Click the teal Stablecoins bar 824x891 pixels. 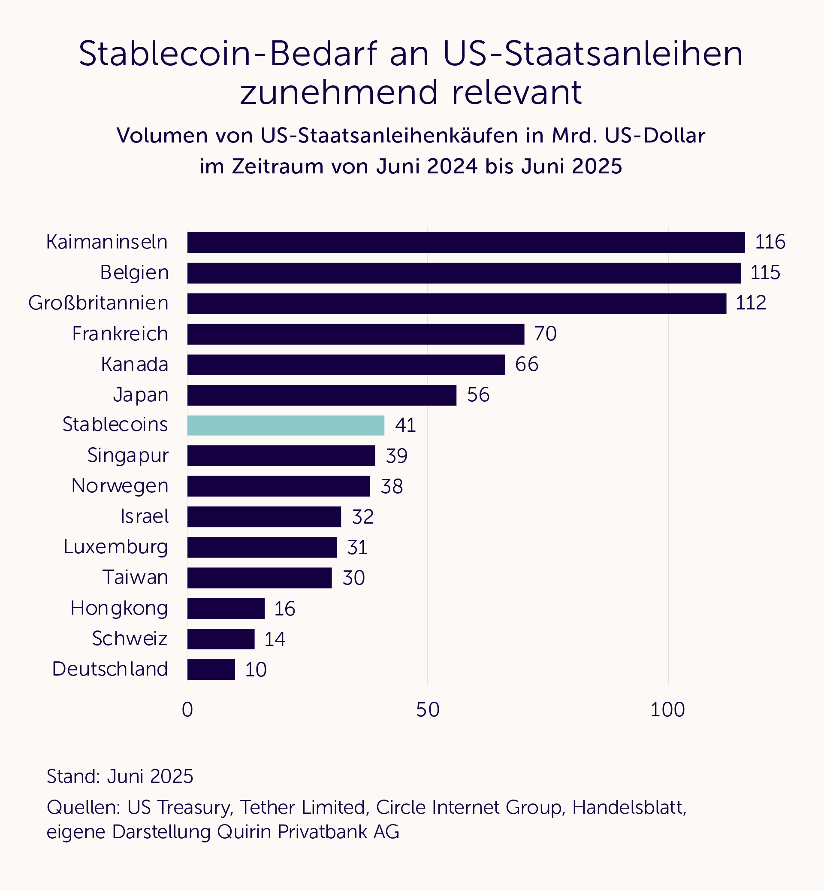285,425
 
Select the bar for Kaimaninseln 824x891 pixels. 465,242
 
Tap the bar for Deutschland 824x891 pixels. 211,669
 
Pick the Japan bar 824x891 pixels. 321,395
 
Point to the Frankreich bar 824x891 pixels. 355,334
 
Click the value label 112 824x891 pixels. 751,303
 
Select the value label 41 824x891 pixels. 405,425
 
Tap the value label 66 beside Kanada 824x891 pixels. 527,364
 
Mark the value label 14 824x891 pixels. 275,639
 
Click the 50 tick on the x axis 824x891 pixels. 428,710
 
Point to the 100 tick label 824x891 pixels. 667,710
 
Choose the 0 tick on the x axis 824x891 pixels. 187,710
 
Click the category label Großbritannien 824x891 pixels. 99,303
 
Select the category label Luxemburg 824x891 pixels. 116,547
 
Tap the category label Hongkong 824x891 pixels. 119,608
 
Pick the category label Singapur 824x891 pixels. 128,455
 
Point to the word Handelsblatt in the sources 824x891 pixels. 629,807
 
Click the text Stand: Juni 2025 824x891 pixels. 120,776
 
